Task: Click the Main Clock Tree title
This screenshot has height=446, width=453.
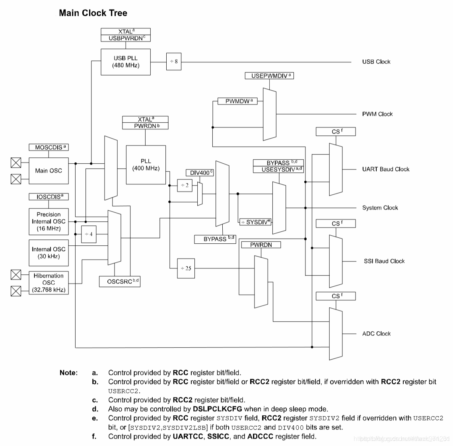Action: tap(93, 13)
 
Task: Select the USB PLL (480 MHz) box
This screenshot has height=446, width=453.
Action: tap(126, 62)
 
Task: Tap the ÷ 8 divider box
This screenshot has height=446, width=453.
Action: tap(173, 62)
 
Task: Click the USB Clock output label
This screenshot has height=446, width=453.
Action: tap(376, 62)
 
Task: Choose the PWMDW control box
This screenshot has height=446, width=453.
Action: tap(237, 101)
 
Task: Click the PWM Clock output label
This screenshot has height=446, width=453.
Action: tap(377, 114)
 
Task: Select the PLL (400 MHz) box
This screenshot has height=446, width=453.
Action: tap(146, 165)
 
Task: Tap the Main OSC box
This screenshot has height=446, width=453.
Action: tap(49, 171)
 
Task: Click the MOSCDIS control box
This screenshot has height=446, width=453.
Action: tap(49, 147)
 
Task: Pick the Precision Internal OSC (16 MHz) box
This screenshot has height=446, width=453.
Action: tap(49, 221)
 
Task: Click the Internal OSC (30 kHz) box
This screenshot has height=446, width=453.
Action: tap(49, 253)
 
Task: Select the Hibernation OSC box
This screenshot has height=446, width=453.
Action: tap(49, 282)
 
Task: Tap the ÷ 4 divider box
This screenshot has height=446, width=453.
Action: tap(89, 234)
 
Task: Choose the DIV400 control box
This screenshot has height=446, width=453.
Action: tap(200, 173)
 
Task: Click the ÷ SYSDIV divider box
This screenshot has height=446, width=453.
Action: tap(255, 222)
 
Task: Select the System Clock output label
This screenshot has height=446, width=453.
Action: tap(380, 208)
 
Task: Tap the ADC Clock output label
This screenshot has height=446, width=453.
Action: tap(376, 334)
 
